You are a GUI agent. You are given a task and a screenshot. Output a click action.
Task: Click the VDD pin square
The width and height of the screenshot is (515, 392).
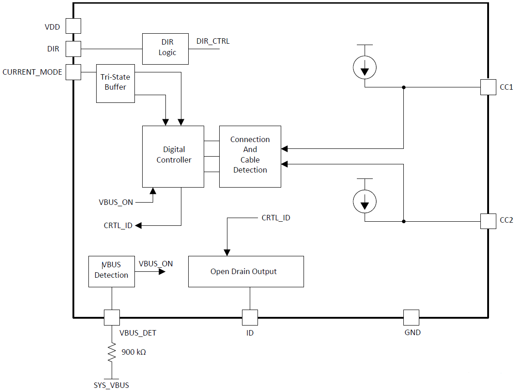click(x=73, y=26)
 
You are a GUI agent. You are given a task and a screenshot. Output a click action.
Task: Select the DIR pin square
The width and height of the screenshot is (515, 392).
click(x=73, y=48)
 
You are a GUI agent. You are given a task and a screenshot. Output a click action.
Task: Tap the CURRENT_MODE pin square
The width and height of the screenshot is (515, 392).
click(x=73, y=72)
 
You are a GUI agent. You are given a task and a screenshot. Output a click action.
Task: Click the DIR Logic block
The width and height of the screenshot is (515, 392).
click(x=167, y=48)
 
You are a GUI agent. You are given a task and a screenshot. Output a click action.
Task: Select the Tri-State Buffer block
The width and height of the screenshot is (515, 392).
click(x=115, y=83)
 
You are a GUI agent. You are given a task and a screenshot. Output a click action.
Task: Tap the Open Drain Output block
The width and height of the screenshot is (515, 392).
click(x=246, y=271)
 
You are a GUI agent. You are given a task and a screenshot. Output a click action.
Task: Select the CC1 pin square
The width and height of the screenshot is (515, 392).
click(x=488, y=87)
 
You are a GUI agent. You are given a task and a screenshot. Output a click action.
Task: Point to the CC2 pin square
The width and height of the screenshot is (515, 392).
click(x=488, y=221)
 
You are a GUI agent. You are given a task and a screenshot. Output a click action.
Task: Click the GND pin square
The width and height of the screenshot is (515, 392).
click(x=411, y=317)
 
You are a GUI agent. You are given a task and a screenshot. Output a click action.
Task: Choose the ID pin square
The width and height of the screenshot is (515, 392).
click(x=250, y=317)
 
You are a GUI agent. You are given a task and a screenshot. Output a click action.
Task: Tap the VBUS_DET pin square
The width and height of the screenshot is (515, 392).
click(x=112, y=317)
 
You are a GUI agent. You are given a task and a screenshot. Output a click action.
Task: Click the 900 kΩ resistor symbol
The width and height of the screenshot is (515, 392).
click(x=112, y=353)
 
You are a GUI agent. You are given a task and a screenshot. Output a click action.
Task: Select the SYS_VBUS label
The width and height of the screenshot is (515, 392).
click(x=111, y=385)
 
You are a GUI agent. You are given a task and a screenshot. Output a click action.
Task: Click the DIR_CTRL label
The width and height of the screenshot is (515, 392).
click(x=213, y=41)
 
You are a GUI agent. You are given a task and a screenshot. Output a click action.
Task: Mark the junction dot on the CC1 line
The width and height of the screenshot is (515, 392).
click(x=403, y=87)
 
